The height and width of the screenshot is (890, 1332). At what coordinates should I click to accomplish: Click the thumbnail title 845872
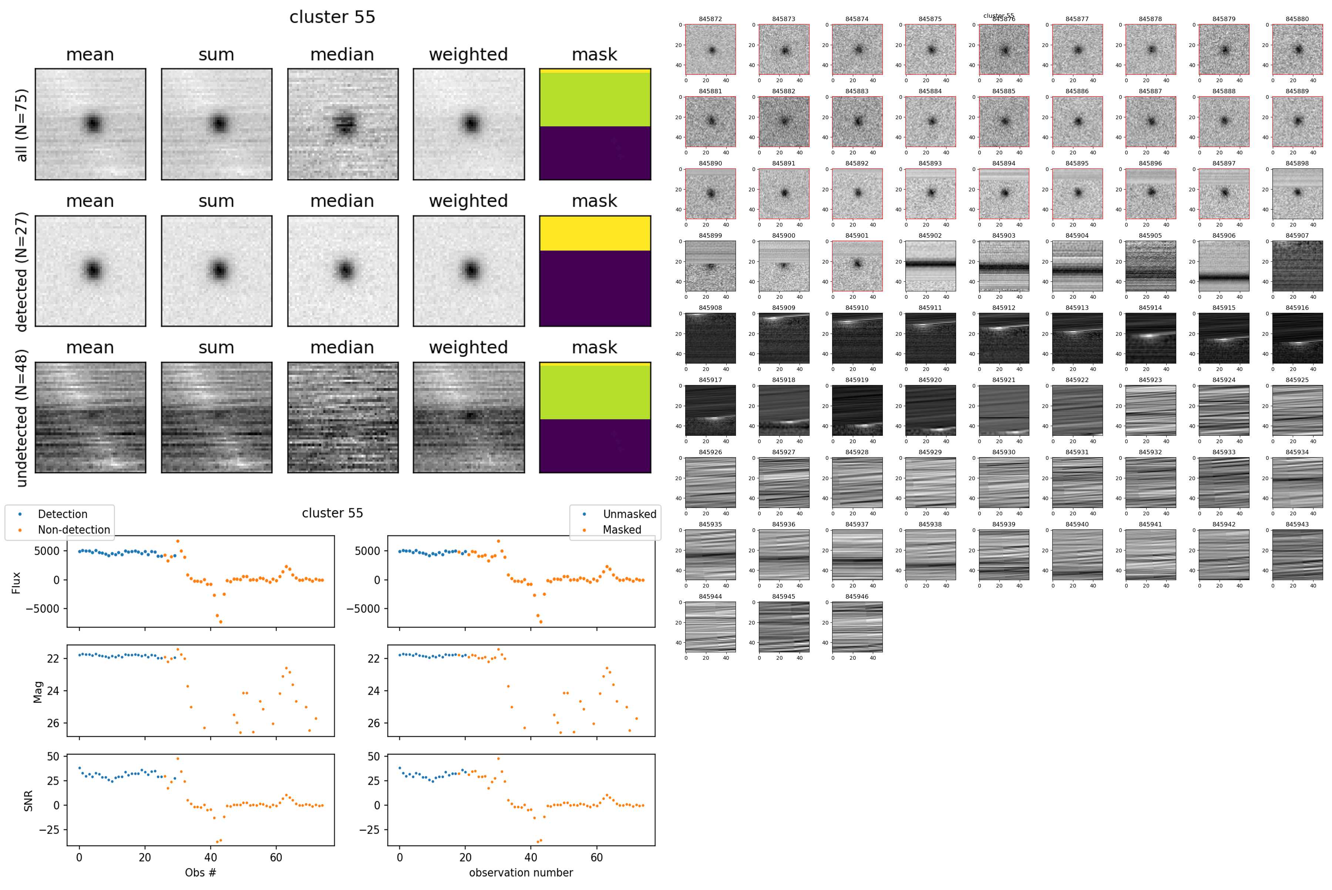click(x=710, y=19)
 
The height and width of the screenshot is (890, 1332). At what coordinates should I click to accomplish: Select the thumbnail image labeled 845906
click(x=1224, y=266)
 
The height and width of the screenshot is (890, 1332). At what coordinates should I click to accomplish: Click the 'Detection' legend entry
click(x=63, y=514)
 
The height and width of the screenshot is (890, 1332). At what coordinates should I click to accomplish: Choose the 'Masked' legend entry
click(x=622, y=529)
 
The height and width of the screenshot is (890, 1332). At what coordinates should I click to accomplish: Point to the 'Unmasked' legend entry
click(x=629, y=514)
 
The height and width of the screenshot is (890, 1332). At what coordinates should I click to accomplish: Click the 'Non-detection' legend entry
click(x=74, y=529)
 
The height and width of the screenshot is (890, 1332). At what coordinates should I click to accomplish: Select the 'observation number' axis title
click(x=521, y=872)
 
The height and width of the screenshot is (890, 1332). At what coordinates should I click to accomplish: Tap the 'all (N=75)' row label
click(x=21, y=125)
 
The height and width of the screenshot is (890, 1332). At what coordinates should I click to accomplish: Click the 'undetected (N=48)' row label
click(x=21, y=418)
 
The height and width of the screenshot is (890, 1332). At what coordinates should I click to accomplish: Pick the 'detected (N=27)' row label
click(x=21, y=271)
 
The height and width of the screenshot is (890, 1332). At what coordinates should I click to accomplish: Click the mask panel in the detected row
click(x=595, y=271)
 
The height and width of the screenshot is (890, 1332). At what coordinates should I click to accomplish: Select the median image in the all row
click(x=343, y=124)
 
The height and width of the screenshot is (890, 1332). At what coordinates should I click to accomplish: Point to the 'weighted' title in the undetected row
click(x=468, y=347)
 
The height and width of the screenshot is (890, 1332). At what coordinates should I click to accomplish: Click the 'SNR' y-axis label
click(x=28, y=800)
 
